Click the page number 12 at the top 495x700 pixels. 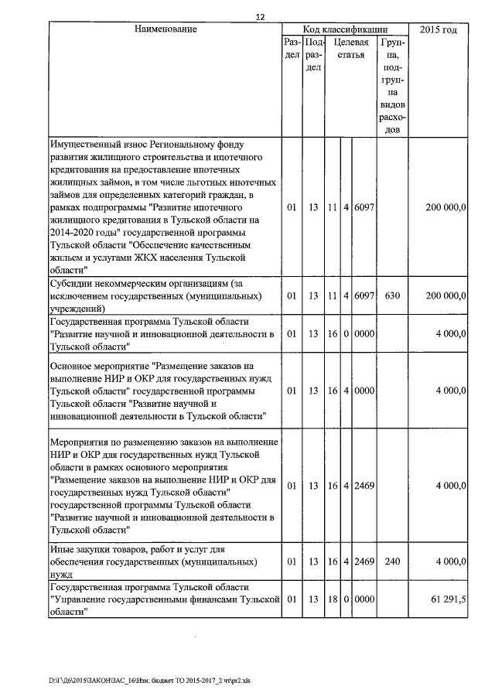click(260, 17)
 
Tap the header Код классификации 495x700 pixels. click(345, 29)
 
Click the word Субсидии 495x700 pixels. click(73, 284)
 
